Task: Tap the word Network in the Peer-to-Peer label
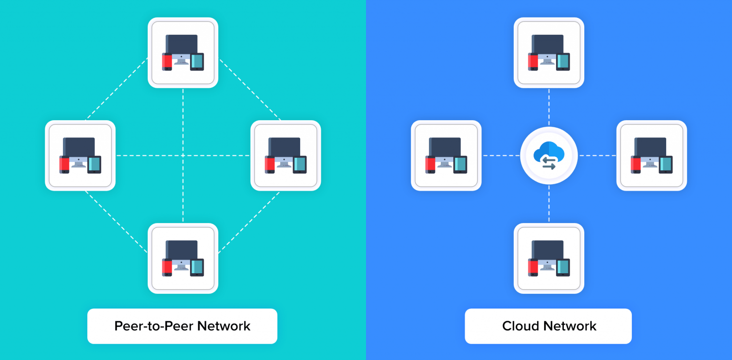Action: [224, 326]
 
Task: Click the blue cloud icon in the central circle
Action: [549, 151]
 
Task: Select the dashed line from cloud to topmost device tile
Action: [549, 107]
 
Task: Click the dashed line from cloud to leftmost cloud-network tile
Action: [500, 155]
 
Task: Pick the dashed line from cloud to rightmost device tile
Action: [598, 155]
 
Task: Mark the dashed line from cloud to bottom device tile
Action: [549, 204]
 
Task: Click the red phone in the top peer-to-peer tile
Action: [167, 62]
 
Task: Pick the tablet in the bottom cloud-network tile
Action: [563, 267]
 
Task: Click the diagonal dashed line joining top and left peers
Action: [117, 89]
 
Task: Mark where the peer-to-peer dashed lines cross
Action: [183, 155]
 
